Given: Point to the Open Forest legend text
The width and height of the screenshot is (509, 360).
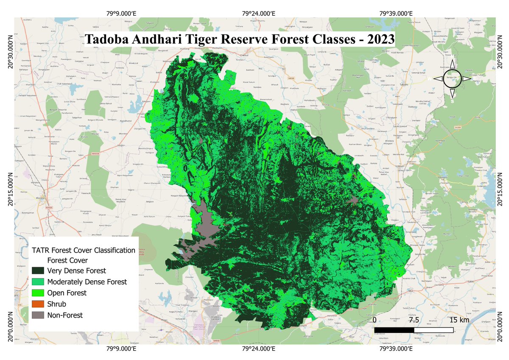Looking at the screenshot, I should (67, 293).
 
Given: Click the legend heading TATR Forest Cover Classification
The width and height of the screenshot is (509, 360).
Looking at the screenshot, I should (84, 251).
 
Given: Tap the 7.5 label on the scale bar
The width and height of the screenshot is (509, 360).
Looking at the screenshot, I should (414, 320).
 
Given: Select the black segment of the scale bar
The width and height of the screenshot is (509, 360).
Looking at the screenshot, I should (394, 329).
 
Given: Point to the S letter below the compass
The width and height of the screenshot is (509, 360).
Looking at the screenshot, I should (452, 102).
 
